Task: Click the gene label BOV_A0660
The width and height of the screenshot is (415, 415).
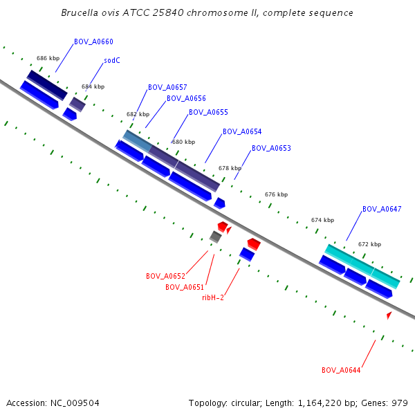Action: tap(93, 41)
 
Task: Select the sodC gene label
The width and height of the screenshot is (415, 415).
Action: tap(112, 60)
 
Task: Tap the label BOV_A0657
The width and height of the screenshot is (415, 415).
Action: tap(167, 87)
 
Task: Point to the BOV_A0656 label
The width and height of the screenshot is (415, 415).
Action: tap(186, 98)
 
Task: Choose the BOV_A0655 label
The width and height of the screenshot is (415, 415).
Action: tap(208, 112)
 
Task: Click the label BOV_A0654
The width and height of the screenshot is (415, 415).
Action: tap(242, 131)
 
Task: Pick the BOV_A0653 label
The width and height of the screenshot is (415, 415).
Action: tap(271, 148)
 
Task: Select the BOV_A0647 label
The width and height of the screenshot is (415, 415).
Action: tap(382, 209)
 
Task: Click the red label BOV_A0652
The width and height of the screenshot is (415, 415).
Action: tap(165, 276)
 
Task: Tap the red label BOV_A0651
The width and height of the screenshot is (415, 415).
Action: tap(185, 287)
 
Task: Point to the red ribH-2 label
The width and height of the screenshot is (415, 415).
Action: tap(213, 297)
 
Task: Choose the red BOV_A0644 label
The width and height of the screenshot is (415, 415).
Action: tap(341, 370)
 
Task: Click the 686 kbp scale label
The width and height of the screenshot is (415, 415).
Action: tap(48, 59)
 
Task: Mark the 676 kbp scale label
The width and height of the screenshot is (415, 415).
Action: tap(276, 195)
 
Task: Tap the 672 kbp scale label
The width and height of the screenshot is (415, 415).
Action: tap(369, 244)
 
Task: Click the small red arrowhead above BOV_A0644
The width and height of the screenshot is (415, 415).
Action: tap(389, 315)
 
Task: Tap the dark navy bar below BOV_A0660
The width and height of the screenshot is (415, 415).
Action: tap(47, 84)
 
